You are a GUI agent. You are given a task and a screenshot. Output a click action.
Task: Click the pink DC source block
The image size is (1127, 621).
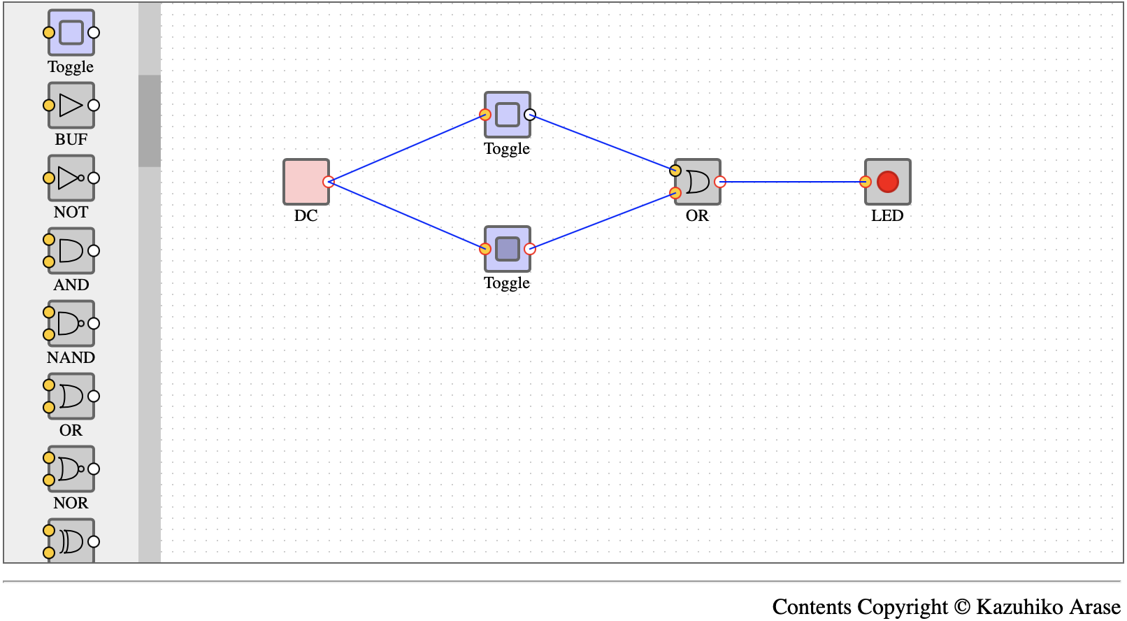pos(306,182)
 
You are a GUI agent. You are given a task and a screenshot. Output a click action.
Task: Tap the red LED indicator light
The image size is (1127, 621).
pos(887,182)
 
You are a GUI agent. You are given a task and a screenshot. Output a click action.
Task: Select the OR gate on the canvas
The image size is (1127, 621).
pos(697,182)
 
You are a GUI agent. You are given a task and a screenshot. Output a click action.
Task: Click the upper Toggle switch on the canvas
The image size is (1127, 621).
pos(507,115)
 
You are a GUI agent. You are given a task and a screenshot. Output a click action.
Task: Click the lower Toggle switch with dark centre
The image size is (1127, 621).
pos(507,248)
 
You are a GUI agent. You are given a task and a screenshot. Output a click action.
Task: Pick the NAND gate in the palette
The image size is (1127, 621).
pos(71,323)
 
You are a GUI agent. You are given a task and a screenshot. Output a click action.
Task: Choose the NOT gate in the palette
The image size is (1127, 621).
pos(71,178)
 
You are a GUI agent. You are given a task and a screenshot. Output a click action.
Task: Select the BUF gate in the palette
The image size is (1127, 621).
pos(71,105)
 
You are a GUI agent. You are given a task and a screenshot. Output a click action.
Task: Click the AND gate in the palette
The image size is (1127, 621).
pos(71,250)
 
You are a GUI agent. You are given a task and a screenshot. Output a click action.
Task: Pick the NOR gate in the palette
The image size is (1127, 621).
pos(71,469)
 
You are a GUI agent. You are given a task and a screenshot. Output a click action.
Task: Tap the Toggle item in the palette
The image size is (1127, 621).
pos(71,33)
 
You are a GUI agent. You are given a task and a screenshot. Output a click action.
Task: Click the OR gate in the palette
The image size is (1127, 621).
pos(71,396)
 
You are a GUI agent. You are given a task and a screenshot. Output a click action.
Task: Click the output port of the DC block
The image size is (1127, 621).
pos(329,182)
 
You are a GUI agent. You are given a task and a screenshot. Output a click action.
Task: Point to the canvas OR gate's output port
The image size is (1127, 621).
pos(720,182)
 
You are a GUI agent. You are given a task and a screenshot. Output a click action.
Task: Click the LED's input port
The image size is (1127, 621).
pos(866,182)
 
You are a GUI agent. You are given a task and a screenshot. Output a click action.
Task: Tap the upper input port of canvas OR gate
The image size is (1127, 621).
pos(675,170)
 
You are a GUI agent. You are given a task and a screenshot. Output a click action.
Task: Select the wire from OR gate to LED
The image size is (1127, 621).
pos(792,182)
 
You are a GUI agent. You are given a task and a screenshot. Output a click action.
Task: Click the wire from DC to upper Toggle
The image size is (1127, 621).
pos(406,148)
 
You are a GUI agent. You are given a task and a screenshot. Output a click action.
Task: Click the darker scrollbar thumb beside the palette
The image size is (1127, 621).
pos(150,121)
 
